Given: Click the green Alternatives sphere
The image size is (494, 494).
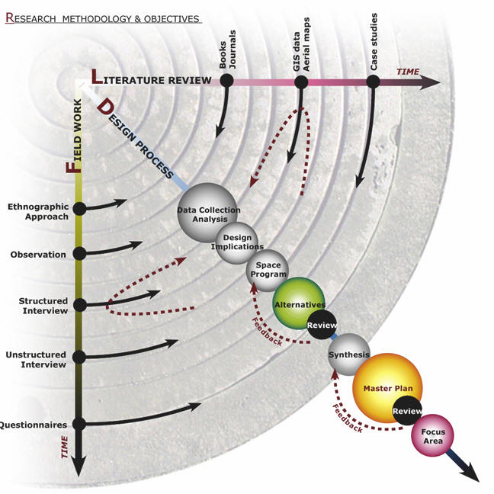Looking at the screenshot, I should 299,301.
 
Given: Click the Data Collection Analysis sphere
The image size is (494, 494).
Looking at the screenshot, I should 207,213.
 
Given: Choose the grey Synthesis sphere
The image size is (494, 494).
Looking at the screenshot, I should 348,353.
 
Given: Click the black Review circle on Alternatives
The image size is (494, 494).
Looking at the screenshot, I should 317,326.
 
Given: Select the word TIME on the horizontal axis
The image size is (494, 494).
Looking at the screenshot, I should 408,71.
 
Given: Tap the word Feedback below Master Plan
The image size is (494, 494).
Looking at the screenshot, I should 347,417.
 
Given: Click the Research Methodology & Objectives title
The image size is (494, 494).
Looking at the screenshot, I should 102,18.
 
